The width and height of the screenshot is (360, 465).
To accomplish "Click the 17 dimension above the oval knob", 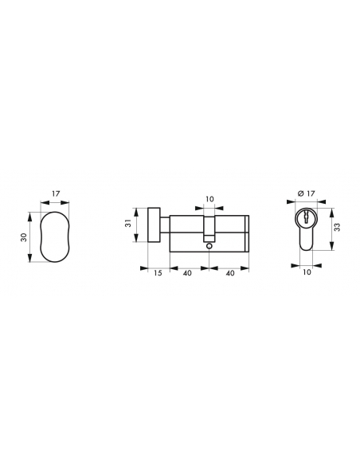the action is click(56, 193).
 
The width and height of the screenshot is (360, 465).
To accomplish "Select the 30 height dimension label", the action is click(23, 237).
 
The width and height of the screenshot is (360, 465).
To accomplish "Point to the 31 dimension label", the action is click(128, 223).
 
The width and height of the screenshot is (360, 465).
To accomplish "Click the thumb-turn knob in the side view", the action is click(154, 225).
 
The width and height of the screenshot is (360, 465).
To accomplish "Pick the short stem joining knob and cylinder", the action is click(165, 225).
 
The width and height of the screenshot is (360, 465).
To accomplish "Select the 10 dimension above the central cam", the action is click(209, 199).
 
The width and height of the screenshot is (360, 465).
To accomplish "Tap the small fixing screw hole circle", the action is click(209, 246).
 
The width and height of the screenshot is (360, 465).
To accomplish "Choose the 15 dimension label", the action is click(158, 272).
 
